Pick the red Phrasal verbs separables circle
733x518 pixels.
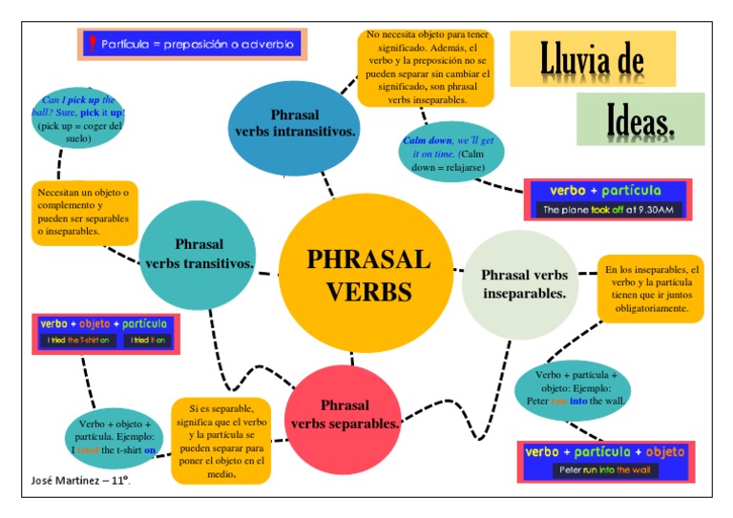point(344,414)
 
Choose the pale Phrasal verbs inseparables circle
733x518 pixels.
point(523,284)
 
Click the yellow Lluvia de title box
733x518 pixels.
point(592,59)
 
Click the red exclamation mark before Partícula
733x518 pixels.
point(92,44)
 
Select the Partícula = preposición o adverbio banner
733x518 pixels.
point(192,44)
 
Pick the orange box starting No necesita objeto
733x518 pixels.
point(426,67)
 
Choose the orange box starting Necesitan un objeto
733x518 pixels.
point(84,212)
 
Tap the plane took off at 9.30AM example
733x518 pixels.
point(607,209)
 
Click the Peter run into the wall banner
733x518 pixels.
point(607,470)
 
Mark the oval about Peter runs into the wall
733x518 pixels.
point(574,388)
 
